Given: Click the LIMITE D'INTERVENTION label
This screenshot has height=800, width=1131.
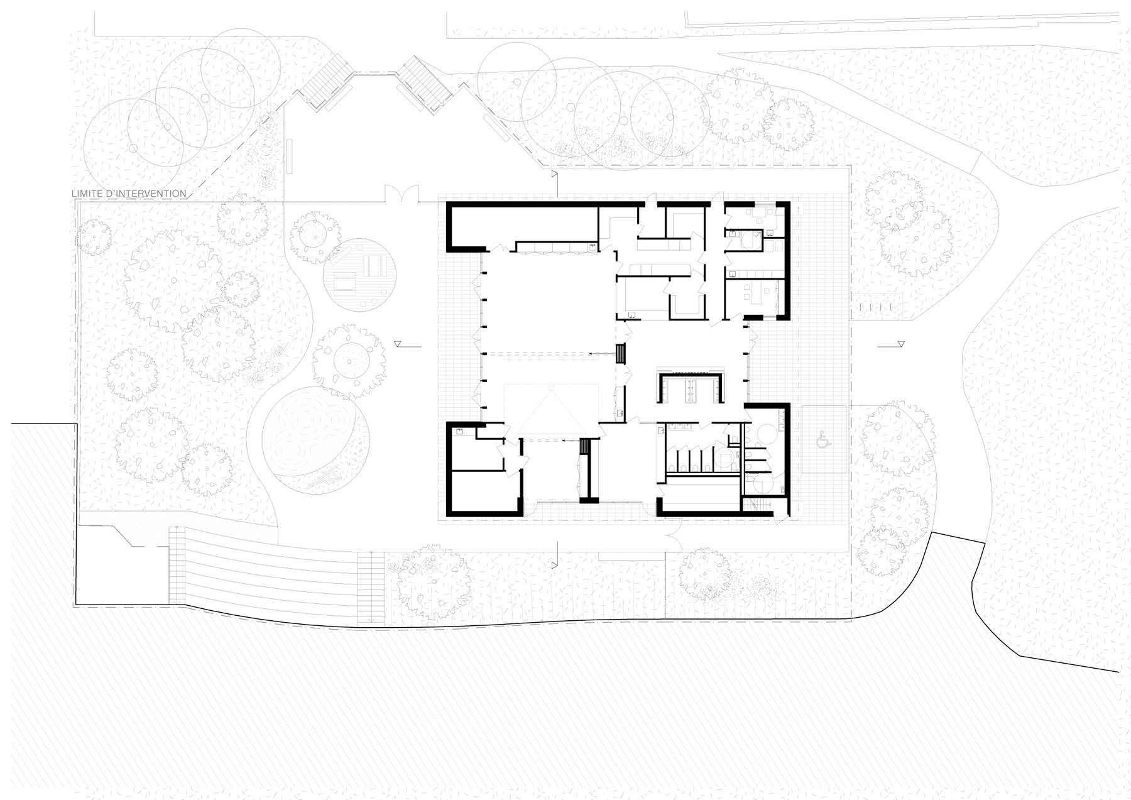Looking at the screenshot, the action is tap(129, 194).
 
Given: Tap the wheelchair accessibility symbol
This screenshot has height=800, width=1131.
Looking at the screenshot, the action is tap(822, 441).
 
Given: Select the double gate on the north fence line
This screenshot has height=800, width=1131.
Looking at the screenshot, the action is tap(401, 192).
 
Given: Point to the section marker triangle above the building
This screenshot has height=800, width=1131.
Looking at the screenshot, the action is tap(555, 173).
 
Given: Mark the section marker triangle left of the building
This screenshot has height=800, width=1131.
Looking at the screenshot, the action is tap(397, 344).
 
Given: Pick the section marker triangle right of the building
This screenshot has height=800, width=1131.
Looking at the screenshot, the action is tap(901, 344).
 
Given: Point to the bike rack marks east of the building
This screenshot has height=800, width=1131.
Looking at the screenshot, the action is tap(876, 305).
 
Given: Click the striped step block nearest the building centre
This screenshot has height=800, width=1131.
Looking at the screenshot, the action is tap(621, 354).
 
